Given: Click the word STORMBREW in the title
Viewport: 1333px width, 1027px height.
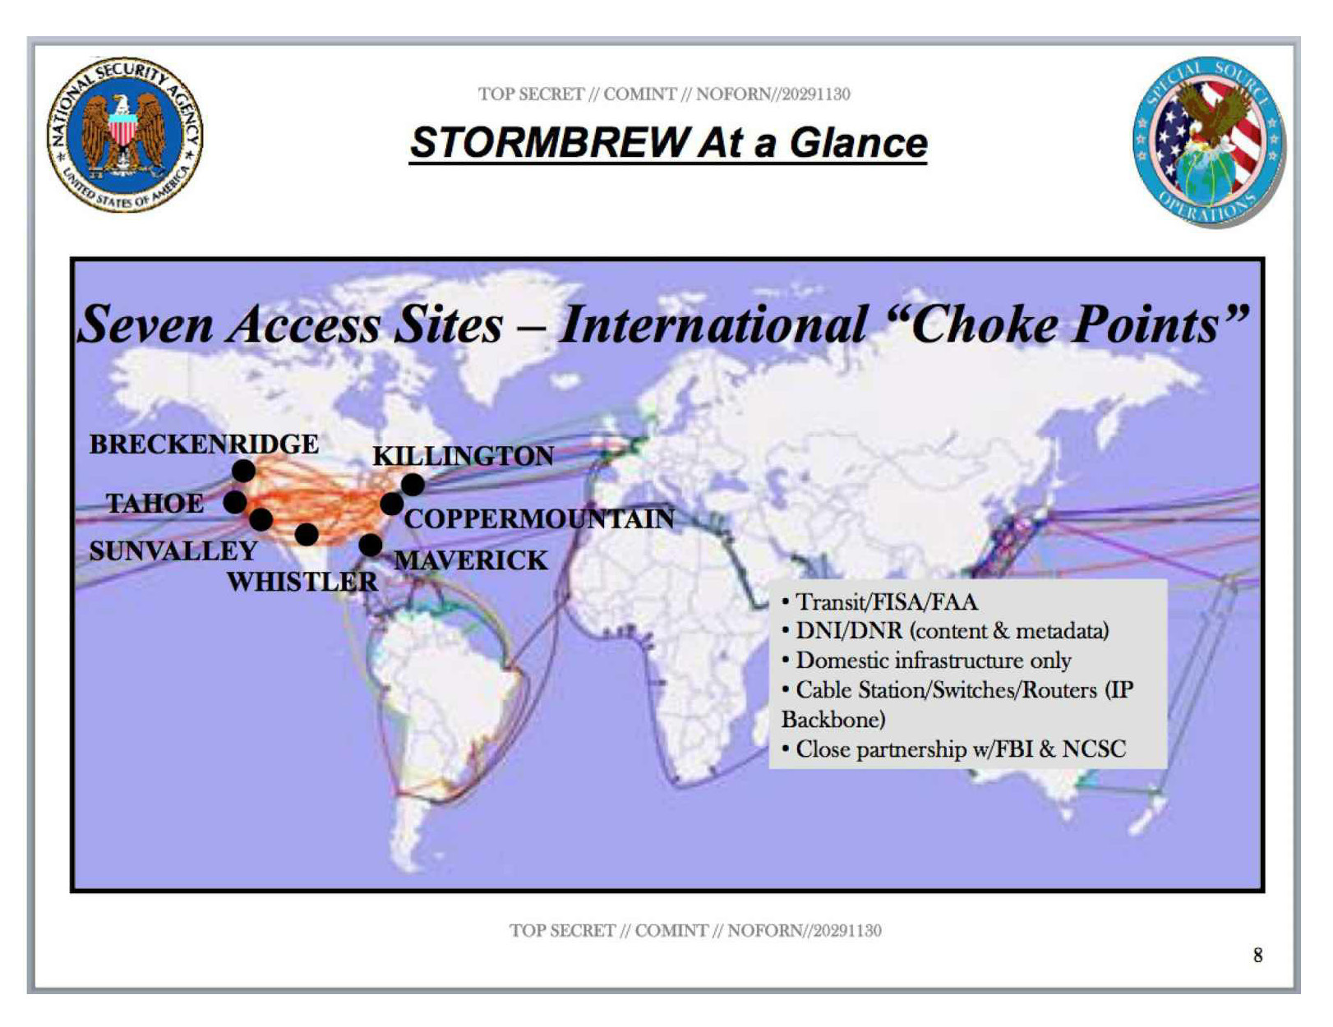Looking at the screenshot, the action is pyautogui.click(x=550, y=143).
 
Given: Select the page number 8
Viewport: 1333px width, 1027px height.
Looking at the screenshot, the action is pyautogui.click(x=1257, y=955).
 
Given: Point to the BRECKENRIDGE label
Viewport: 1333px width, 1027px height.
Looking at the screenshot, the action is pyautogui.click(x=205, y=444).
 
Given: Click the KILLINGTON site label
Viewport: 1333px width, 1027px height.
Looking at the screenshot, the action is pyautogui.click(x=464, y=456).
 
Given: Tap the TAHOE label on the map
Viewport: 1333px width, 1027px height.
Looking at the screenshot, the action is pyautogui.click(x=155, y=504).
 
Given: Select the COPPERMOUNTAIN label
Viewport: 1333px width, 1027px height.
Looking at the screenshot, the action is pyautogui.click(x=539, y=518).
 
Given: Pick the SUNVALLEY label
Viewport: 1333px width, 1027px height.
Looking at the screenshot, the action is pyautogui.click(x=173, y=550).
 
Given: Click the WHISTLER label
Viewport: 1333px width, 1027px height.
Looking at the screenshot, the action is pyautogui.click(x=302, y=581).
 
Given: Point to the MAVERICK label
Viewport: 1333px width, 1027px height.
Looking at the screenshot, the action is pyautogui.click(x=471, y=560).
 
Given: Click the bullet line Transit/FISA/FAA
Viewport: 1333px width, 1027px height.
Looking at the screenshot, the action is pyautogui.click(x=879, y=602).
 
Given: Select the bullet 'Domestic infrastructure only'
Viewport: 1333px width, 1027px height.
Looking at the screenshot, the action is pyautogui.click(x=926, y=661).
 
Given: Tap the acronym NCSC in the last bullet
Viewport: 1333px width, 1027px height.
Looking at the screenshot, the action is pyautogui.click(x=1094, y=749).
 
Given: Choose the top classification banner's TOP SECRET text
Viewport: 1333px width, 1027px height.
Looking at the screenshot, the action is pyautogui.click(x=531, y=94).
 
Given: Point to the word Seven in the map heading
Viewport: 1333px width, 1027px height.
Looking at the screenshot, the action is pyautogui.click(x=145, y=325).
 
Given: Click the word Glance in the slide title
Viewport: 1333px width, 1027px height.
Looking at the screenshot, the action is pyautogui.click(x=858, y=143).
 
